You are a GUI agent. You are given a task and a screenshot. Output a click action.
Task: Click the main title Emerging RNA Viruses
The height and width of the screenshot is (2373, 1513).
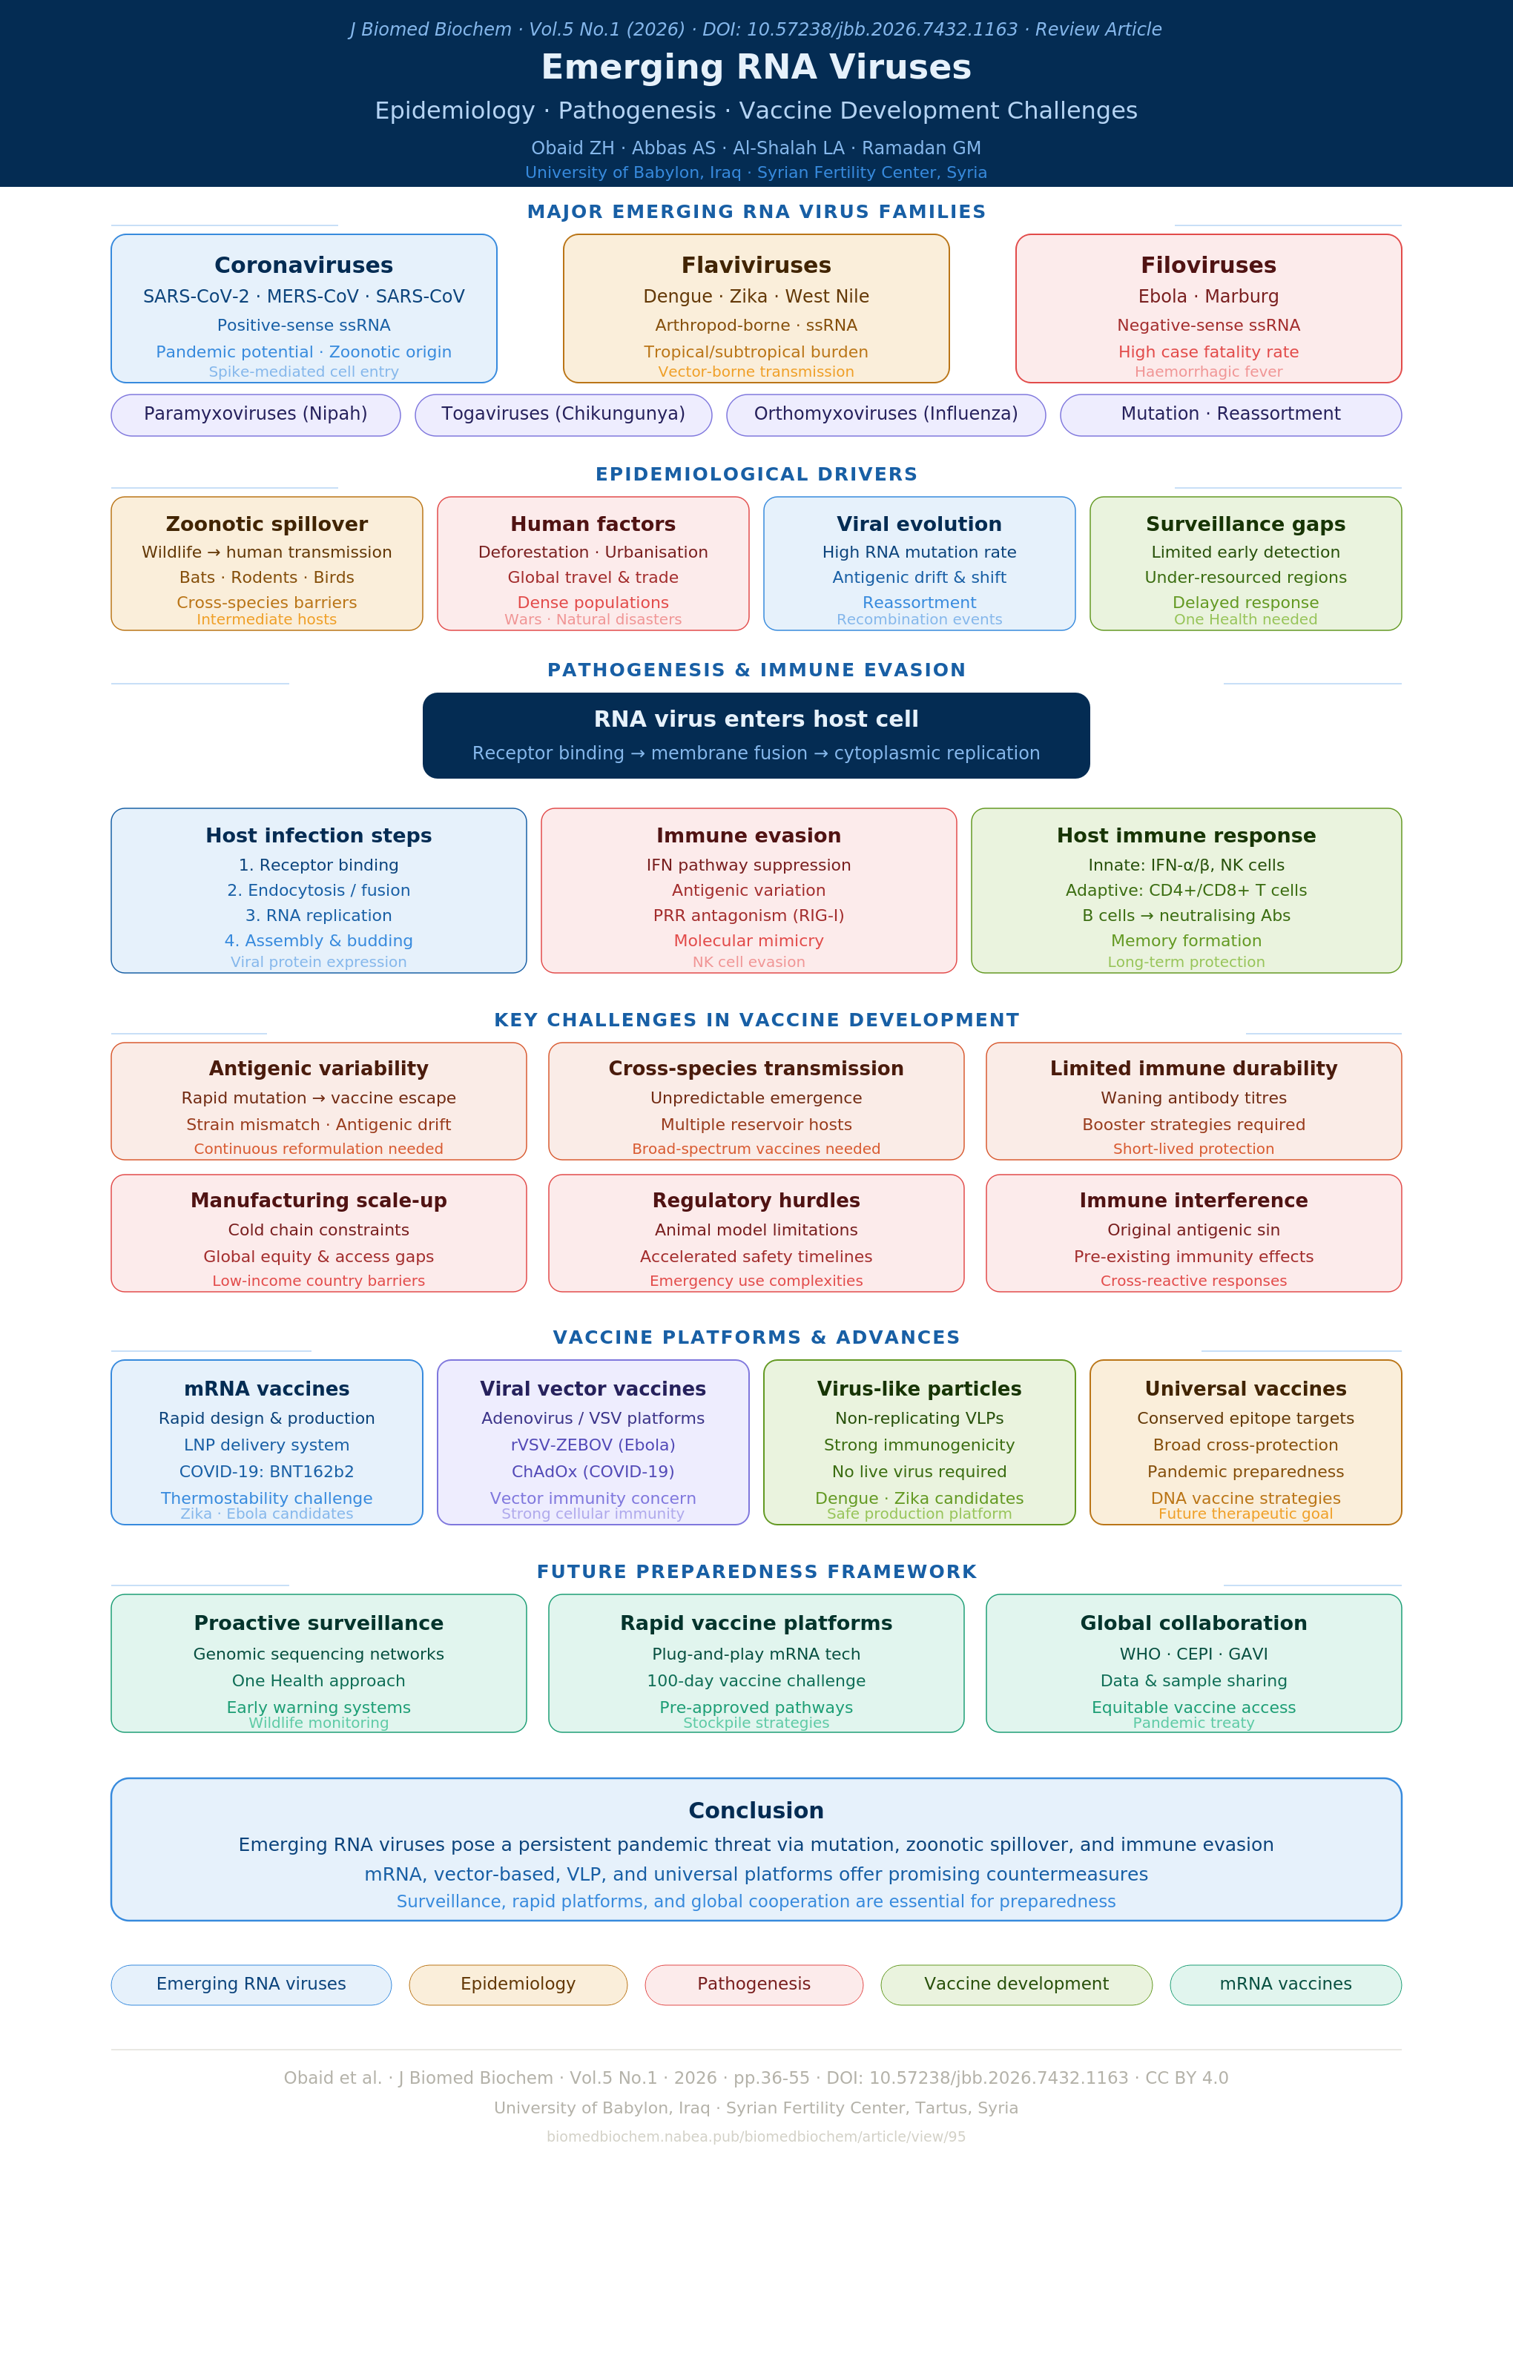tap(756, 67)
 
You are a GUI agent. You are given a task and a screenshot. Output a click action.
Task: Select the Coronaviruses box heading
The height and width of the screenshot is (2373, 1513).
tap(303, 265)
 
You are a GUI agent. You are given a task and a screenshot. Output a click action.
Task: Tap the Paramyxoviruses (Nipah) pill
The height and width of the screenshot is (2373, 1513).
tap(255, 415)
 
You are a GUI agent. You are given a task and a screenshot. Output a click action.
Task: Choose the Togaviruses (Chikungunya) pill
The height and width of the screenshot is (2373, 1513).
tap(563, 415)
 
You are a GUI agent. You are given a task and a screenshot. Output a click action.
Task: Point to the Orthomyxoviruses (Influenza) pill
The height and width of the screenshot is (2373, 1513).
tap(886, 415)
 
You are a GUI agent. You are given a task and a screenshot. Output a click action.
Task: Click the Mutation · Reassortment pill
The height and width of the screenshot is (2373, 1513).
tap(1231, 415)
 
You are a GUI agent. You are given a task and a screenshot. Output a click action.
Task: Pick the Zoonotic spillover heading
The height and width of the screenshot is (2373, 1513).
tap(267, 524)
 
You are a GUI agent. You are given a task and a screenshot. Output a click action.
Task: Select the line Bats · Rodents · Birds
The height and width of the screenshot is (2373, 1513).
tap(267, 578)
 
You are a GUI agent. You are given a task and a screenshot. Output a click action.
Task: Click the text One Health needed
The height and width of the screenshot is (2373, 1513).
tap(1246, 620)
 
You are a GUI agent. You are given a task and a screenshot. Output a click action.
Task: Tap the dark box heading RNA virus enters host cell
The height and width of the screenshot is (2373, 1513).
tap(756, 719)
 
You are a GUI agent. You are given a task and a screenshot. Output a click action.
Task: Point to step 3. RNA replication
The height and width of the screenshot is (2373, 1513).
tap(318, 916)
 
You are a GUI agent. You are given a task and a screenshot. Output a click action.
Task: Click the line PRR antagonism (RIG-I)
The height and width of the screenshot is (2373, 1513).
tap(749, 916)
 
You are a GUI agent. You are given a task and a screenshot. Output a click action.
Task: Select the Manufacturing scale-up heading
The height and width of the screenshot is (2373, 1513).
tap(318, 1201)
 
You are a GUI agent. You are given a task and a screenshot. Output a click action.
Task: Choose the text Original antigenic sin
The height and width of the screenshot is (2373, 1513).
tap(1193, 1230)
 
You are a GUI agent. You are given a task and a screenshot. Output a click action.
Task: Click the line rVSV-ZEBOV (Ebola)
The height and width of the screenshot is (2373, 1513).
tap(593, 1445)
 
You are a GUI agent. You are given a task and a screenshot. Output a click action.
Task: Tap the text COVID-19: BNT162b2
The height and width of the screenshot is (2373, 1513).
tap(267, 1471)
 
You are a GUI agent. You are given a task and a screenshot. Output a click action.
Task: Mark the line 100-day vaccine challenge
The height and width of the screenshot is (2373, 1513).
tap(756, 1681)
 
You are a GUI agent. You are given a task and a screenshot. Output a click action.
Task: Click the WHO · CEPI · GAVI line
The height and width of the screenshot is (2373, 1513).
tap(1193, 1654)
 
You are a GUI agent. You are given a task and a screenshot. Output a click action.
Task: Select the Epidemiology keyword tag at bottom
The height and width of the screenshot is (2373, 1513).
tap(518, 1984)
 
